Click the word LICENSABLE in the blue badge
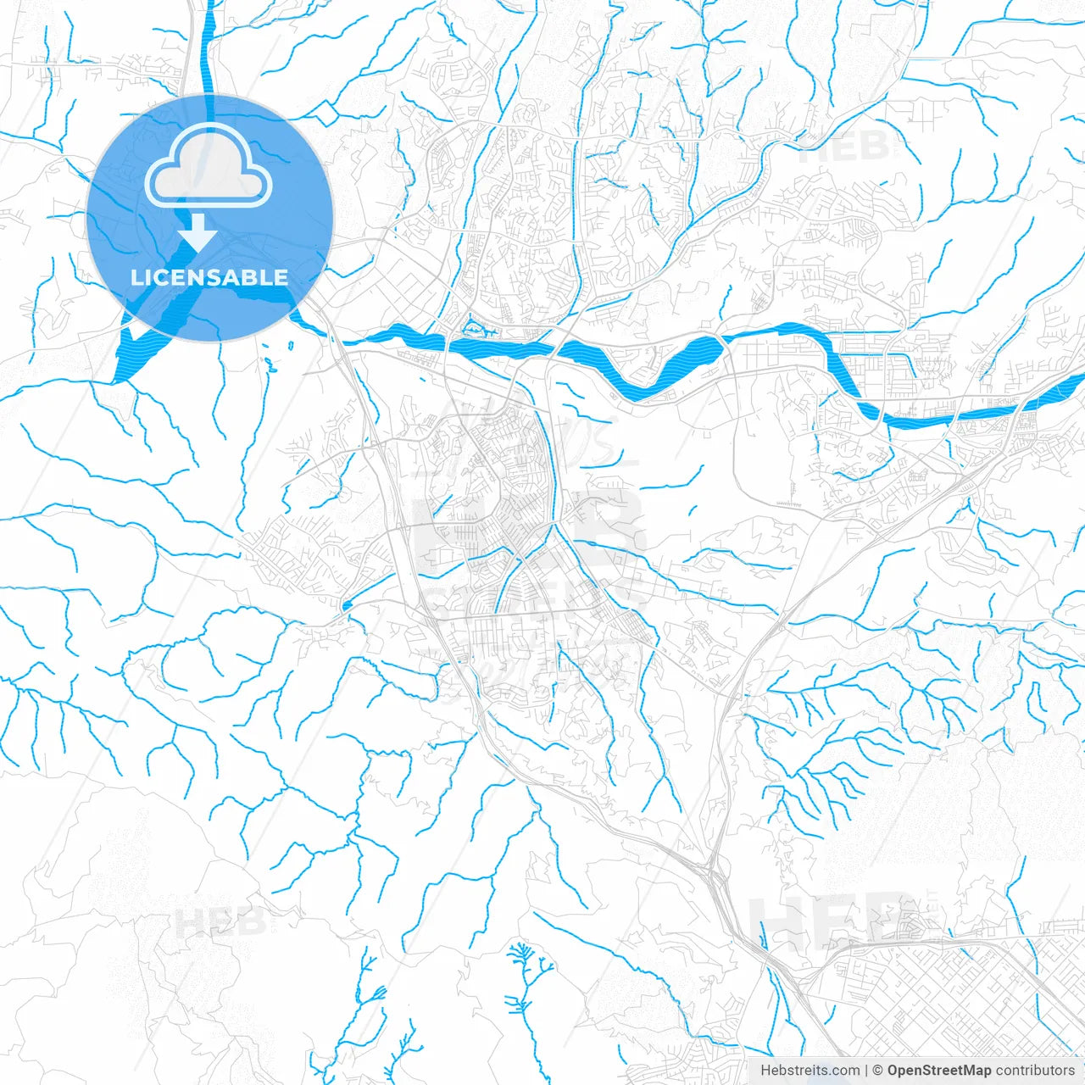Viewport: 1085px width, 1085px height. point(209,277)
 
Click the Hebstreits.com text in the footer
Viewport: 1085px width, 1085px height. point(810,1071)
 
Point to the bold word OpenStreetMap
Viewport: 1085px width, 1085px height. point(938,1071)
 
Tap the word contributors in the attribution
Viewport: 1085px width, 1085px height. point(1035,1071)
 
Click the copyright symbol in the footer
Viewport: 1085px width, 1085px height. point(878,1071)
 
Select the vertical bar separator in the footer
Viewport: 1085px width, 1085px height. point(866,1071)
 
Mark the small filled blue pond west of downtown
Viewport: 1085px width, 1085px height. point(347,605)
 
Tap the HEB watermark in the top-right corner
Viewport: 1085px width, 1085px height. point(843,147)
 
